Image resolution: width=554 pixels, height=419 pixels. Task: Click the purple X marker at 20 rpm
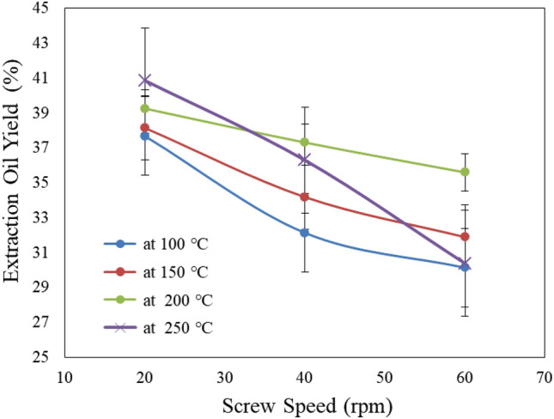click(x=145, y=80)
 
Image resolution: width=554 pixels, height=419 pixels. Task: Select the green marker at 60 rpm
click(x=465, y=172)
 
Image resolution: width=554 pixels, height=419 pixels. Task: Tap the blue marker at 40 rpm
click(x=305, y=233)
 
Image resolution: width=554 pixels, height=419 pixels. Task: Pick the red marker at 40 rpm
click(x=305, y=197)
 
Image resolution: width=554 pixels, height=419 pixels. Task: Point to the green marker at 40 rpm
click(x=305, y=142)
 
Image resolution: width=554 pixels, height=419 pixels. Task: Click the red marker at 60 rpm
click(x=465, y=236)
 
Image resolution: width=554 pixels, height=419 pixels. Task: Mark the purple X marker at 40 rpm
click(x=305, y=160)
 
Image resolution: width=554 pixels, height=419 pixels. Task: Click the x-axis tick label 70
click(x=544, y=376)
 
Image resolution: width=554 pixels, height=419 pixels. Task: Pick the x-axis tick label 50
click(x=385, y=376)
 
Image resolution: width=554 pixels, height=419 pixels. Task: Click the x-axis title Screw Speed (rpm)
click(x=305, y=403)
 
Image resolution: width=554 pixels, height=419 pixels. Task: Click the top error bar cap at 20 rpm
click(x=145, y=27)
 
